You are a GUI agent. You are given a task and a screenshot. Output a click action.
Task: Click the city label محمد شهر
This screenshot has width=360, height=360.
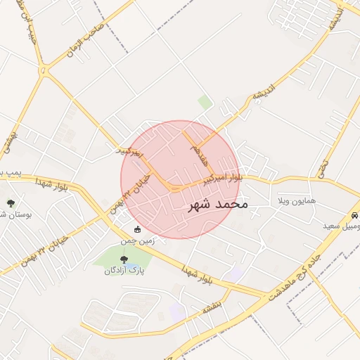coord(219,205)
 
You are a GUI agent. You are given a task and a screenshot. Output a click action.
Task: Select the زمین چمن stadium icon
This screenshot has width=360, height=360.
coord(138,230)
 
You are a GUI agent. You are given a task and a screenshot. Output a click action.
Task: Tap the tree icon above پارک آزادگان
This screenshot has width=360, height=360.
coord(124,259)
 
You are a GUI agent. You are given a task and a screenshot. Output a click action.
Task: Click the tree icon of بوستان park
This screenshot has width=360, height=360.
coord(11,203)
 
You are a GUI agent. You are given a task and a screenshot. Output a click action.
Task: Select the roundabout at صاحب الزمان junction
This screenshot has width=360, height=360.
coord(45,70)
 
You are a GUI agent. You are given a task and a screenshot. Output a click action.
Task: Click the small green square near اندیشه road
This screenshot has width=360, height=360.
coord(205,103)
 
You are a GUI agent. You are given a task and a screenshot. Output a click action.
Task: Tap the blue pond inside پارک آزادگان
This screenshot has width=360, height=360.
coord(124,250)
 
